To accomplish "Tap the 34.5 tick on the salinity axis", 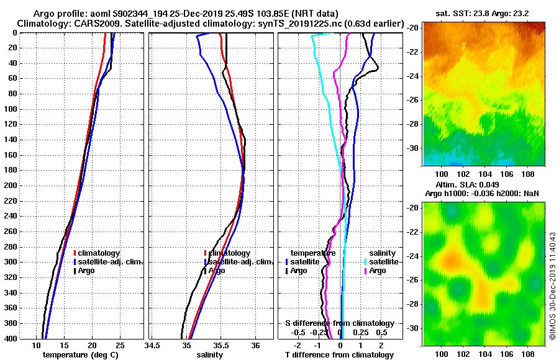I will point(153,344).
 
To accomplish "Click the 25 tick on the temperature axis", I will point(120,344).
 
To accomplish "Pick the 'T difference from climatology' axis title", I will point(339,355).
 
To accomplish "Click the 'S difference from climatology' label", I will point(339,323).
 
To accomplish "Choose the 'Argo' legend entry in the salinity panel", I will point(217,271).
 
